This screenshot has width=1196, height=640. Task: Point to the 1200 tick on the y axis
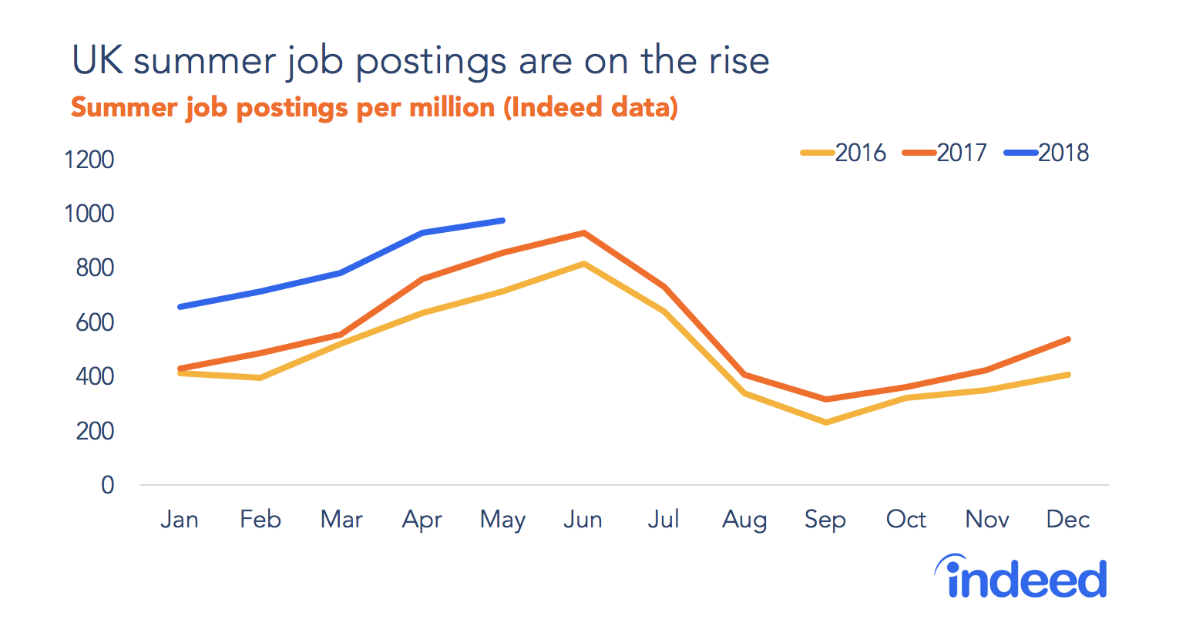(89, 160)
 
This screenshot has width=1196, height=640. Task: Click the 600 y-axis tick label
(95, 322)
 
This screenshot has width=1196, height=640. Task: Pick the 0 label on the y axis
(107, 485)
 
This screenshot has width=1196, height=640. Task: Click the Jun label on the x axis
(583, 519)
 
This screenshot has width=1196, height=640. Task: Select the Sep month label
(825, 519)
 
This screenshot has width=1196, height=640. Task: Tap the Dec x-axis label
(1067, 519)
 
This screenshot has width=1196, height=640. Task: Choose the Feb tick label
(260, 519)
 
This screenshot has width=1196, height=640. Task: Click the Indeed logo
(1022, 578)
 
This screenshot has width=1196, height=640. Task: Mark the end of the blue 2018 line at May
(502, 221)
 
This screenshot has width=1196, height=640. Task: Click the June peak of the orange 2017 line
(584, 233)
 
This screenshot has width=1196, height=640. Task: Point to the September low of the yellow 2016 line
(825, 423)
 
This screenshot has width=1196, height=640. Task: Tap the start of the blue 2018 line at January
(180, 307)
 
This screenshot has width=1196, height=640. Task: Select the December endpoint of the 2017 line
(1068, 339)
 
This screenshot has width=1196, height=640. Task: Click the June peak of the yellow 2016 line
(584, 264)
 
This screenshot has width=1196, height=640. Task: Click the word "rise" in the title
(738, 61)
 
